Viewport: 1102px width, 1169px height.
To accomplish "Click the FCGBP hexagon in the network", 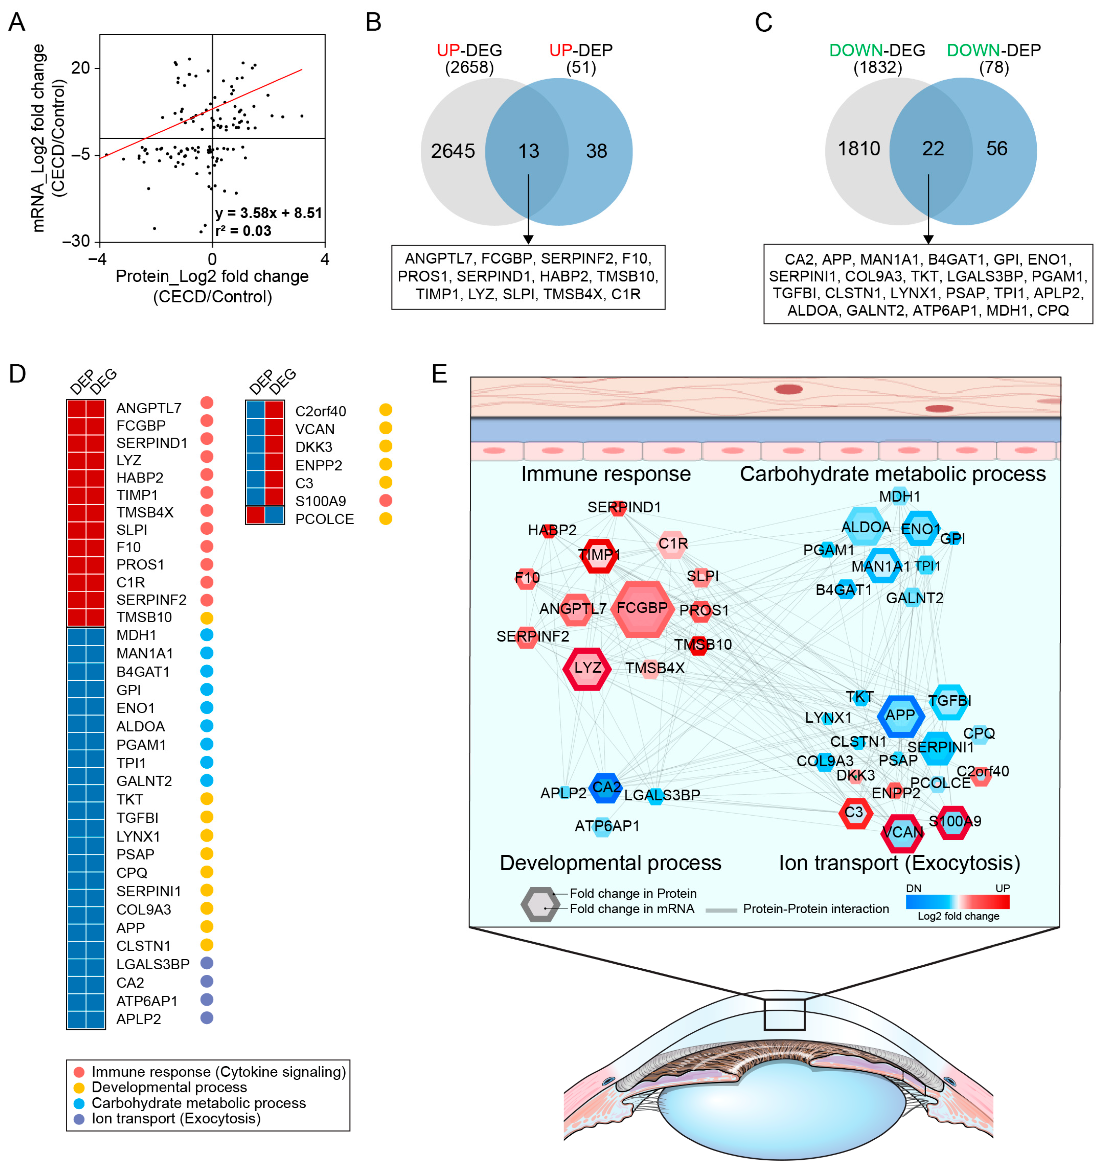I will pyautogui.click(x=642, y=609).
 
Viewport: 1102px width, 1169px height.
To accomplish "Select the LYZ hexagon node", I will pyautogui.click(x=587, y=669).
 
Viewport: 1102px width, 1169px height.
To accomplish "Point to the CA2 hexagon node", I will pyautogui.click(x=606, y=788).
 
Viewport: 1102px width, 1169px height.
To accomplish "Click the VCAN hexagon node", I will pyautogui.click(x=902, y=833).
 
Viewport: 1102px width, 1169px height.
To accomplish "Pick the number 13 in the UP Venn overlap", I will pyautogui.click(x=528, y=151).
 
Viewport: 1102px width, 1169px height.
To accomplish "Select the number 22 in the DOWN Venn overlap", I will pyautogui.click(x=933, y=148).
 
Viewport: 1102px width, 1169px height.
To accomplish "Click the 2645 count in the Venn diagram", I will pyautogui.click(x=452, y=151).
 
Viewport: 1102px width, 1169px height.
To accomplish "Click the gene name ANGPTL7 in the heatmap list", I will pyautogui.click(x=149, y=408).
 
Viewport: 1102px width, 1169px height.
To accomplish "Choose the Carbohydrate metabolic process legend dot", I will pyautogui.click(x=79, y=1103).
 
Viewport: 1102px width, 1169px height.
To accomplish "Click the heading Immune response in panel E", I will pyautogui.click(x=606, y=474).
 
